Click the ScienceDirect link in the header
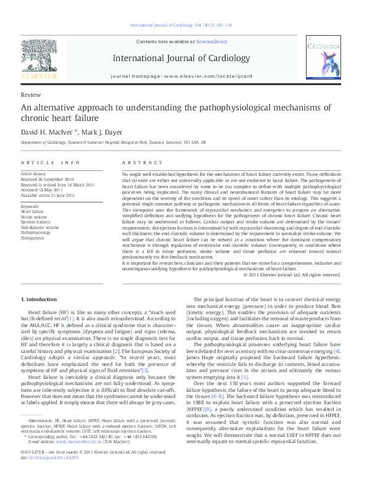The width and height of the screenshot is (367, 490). coord(212,41)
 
